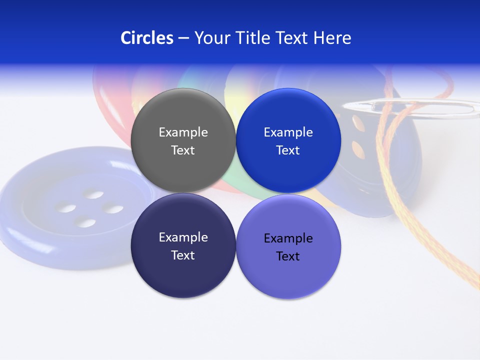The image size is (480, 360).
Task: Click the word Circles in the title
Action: [147, 38]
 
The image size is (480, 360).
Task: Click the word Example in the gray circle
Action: [183, 132]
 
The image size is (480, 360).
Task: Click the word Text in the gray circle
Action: [183, 150]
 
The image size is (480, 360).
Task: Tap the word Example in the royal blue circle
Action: [288, 132]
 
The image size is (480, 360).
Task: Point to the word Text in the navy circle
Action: [183, 255]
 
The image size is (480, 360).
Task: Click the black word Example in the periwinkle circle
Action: [288, 238]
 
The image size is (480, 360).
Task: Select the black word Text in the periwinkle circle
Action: [288, 256]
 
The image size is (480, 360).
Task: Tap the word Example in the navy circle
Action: [183, 237]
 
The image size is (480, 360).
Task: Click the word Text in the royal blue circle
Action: [288, 150]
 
